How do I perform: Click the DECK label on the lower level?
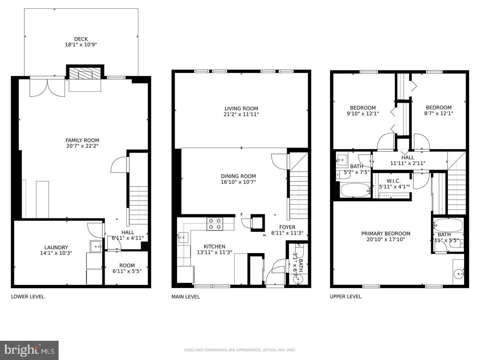81,39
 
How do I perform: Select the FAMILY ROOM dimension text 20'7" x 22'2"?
82,146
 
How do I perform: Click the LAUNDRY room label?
56,247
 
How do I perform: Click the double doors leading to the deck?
47,87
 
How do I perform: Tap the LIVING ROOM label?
241,108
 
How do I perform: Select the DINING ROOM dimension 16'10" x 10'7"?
238,182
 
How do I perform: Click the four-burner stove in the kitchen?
215,224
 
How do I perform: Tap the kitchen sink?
183,237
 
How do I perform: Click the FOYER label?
287,227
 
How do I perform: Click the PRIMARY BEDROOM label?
386,233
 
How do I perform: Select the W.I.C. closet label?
393,181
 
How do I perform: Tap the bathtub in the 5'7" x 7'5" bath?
355,190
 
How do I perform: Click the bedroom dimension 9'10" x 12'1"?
363,113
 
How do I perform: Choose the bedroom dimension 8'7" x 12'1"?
438,113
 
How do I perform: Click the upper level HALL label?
408,158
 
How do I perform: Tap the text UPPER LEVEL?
345,296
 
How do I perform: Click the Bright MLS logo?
29,350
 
